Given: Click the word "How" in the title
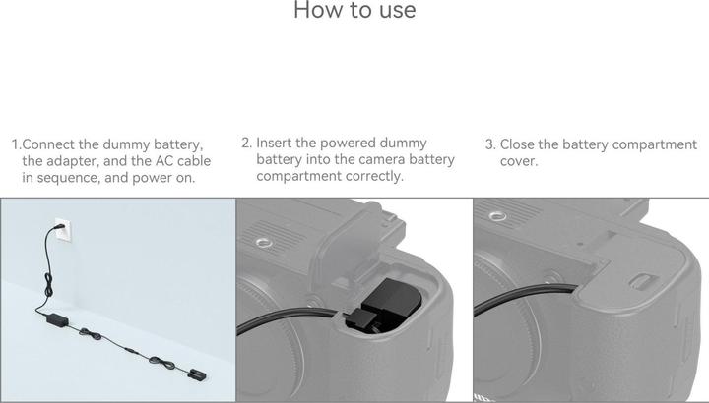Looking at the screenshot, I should (319, 11).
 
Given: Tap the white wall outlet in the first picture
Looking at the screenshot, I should (60, 228).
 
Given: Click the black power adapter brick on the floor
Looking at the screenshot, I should (56, 319).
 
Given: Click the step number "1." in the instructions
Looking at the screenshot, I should (16, 144).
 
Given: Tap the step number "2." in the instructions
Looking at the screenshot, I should (246, 143).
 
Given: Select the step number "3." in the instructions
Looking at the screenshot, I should (489, 144).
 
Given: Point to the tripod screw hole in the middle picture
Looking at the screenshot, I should (264, 238).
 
